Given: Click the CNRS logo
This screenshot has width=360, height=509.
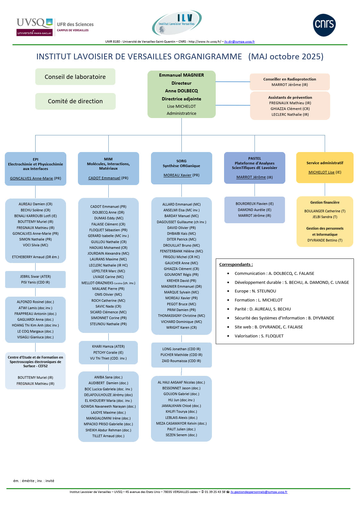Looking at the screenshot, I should [324, 25].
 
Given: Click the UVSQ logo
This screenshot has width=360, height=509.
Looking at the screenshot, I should [35, 27].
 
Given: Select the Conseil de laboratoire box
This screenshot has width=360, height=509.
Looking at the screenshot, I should [75, 77].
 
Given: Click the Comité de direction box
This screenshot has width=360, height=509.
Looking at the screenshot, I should [75, 101].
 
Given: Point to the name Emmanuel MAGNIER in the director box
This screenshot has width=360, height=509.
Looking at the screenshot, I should [181, 75].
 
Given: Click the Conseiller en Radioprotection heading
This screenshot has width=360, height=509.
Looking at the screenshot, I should [289, 79].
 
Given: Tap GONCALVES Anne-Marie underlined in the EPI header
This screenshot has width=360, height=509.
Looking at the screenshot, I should [31, 178].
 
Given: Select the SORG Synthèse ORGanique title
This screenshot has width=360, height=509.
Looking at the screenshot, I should [181, 164].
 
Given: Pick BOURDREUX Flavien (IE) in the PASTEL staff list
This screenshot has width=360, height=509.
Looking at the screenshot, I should [255, 204].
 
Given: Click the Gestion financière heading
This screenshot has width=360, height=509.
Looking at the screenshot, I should [324, 202].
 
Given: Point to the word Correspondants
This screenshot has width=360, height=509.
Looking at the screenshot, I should [236, 264].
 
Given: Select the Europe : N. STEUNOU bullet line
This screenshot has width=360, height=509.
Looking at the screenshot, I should [255, 291].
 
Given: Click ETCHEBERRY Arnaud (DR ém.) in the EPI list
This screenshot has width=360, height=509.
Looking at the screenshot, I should [35, 257].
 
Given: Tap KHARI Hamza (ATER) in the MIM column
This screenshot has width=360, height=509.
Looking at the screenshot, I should [108, 346].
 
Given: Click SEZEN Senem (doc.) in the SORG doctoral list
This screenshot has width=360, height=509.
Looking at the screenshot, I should [181, 435].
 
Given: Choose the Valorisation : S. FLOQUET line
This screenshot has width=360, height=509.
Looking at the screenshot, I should [259, 336].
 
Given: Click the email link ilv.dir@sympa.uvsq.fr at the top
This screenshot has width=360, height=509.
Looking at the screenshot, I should [239, 41].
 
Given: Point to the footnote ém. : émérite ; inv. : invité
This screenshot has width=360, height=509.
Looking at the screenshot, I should [34, 481].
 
